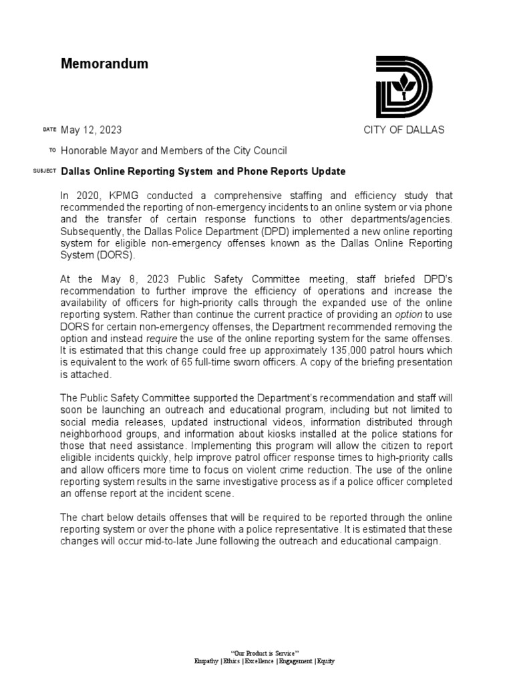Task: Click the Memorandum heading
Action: click(x=104, y=64)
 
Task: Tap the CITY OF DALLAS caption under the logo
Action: click(x=403, y=130)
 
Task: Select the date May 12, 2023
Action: click(x=91, y=130)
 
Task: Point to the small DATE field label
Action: click(x=49, y=130)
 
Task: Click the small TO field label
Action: click(x=52, y=151)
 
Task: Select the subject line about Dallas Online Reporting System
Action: click(x=203, y=172)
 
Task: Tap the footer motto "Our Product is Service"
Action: click(x=264, y=652)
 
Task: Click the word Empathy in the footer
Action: click(x=205, y=661)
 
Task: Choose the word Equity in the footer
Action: click(x=326, y=661)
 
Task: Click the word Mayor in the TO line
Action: click(x=125, y=151)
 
